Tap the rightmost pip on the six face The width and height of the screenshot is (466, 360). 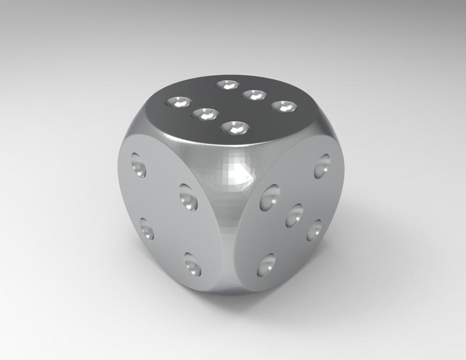point(284,107)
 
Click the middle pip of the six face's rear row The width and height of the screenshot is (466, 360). point(254,94)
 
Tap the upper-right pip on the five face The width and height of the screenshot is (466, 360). point(322,166)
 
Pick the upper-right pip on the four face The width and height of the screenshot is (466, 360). point(188,197)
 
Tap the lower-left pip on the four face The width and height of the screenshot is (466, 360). point(147,228)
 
